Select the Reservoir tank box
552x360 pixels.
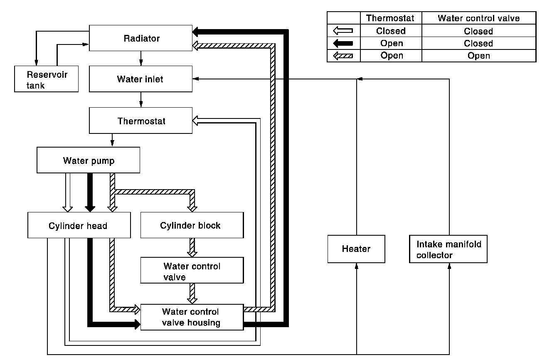point(47,79)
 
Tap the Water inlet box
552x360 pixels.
point(140,79)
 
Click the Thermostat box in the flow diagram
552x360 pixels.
point(140,121)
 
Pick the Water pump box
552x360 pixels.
point(88,160)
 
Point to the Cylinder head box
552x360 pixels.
point(79,226)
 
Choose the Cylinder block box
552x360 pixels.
point(192,226)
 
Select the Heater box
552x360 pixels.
point(356,249)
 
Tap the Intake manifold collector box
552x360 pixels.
point(448,249)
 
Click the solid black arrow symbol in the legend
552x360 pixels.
point(343,43)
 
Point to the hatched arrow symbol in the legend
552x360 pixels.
point(343,56)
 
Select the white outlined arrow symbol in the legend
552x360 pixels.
point(343,31)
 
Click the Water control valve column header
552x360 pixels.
point(479,18)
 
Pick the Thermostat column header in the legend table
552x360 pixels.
point(391,18)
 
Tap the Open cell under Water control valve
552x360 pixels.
point(479,56)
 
